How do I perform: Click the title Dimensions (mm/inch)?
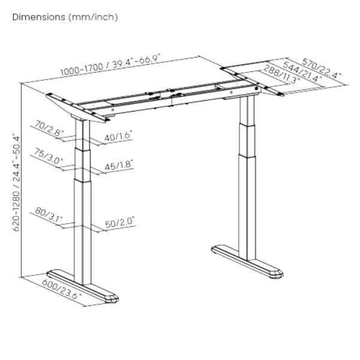(x=65, y=17)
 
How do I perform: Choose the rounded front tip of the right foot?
(x=277, y=272)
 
